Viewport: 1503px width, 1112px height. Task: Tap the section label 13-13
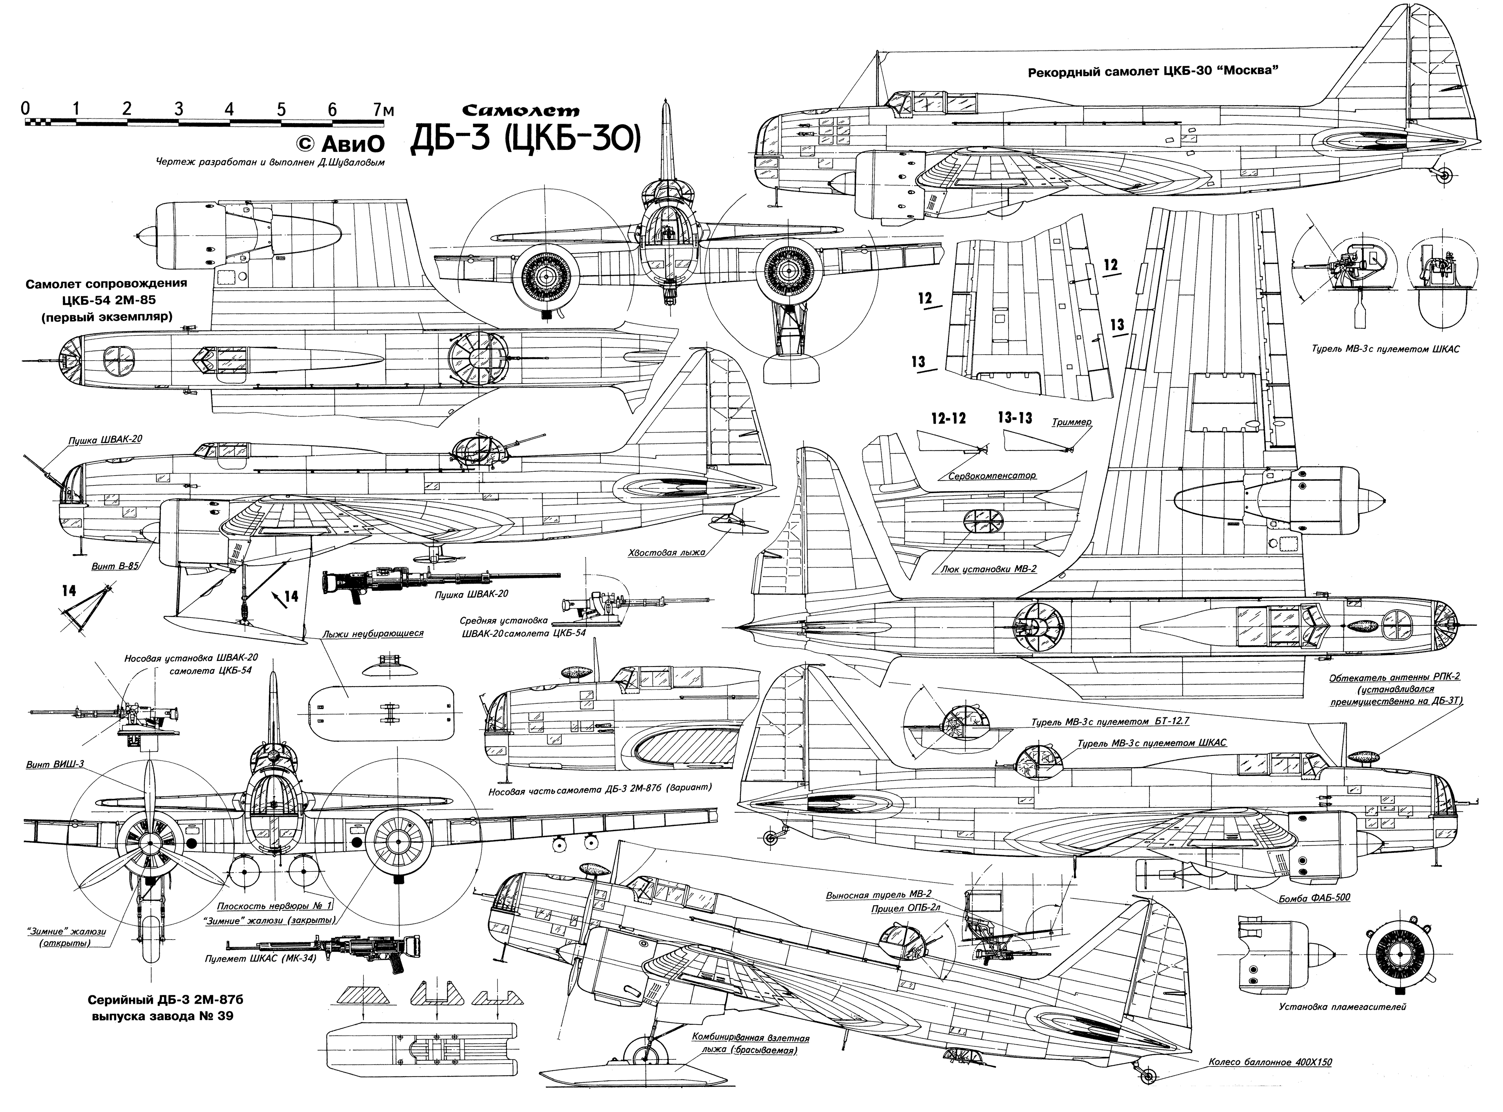[x=1015, y=419]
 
